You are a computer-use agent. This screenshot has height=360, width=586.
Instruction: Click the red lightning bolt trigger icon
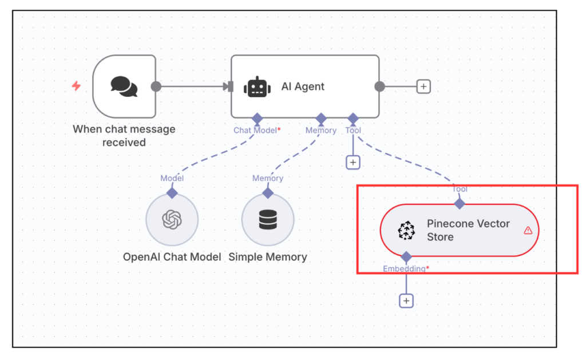click(76, 86)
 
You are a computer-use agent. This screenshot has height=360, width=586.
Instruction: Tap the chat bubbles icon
click(124, 86)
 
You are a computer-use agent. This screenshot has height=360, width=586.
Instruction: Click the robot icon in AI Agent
click(257, 87)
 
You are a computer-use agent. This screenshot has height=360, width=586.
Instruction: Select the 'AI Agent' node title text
click(303, 86)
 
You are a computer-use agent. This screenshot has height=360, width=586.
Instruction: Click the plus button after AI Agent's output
click(423, 86)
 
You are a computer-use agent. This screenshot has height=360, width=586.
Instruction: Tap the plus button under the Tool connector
click(353, 163)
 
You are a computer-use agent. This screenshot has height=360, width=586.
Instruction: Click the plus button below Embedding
click(406, 300)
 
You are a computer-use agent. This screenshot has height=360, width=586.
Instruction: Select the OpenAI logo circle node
click(172, 220)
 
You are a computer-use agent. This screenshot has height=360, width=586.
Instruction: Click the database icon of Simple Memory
click(268, 220)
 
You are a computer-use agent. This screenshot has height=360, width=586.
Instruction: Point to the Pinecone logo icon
click(406, 231)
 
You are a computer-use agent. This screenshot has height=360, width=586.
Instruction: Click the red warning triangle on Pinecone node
click(528, 230)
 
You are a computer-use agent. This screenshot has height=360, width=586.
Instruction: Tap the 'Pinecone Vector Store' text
click(468, 230)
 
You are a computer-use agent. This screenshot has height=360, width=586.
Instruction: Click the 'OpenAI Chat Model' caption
click(172, 257)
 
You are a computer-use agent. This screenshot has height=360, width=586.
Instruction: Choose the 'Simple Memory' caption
click(268, 257)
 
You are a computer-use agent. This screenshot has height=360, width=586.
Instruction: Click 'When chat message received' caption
click(124, 136)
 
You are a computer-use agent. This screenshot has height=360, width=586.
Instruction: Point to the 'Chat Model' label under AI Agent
click(255, 130)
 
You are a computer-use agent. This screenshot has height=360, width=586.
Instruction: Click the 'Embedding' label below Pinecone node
click(404, 268)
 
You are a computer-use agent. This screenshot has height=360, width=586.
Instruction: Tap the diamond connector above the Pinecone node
click(460, 203)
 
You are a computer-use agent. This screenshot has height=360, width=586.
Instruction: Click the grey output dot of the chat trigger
click(156, 87)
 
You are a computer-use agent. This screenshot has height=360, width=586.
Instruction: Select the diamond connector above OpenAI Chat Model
click(172, 193)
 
